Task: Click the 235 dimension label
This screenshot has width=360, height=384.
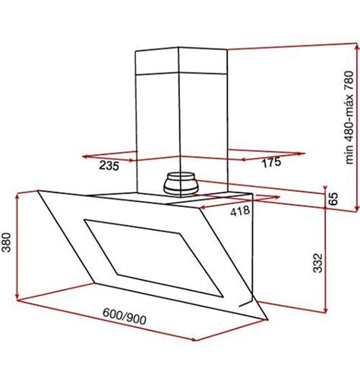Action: click(109, 166)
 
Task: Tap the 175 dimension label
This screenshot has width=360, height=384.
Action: click(271, 162)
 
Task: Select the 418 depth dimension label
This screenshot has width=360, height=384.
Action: click(240, 211)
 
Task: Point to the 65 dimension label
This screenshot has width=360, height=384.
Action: click(333, 199)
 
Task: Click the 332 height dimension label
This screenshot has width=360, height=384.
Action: click(318, 263)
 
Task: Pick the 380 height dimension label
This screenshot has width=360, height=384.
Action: click(6, 242)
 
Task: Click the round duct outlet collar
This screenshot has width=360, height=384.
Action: click(180, 184)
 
